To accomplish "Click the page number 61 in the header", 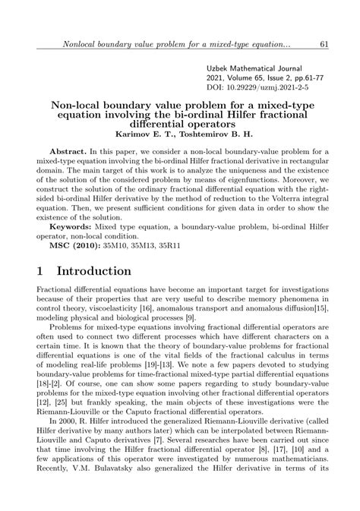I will click(324, 45).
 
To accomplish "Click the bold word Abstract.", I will click(69, 152).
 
